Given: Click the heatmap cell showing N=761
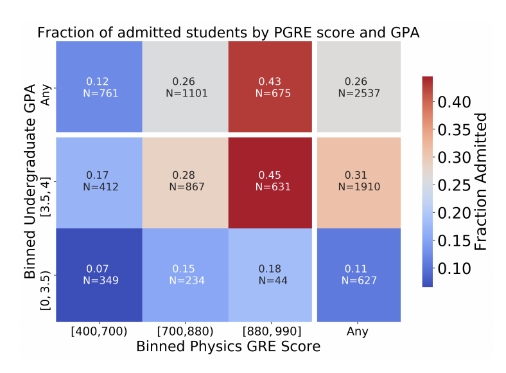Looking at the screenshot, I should [x=98, y=87].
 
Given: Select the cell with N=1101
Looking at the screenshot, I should [x=184, y=87].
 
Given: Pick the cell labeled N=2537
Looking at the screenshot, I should [x=358, y=87].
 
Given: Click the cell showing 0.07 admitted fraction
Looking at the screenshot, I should [x=98, y=275].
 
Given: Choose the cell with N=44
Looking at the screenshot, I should [x=269, y=275].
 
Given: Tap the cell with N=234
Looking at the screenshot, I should [x=184, y=275].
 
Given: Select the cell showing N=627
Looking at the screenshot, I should [x=358, y=275].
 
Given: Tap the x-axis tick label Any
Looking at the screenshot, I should [x=358, y=332].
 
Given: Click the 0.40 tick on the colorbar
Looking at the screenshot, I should [x=456, y=102].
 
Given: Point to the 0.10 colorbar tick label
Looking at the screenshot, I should [x=456, y=268].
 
